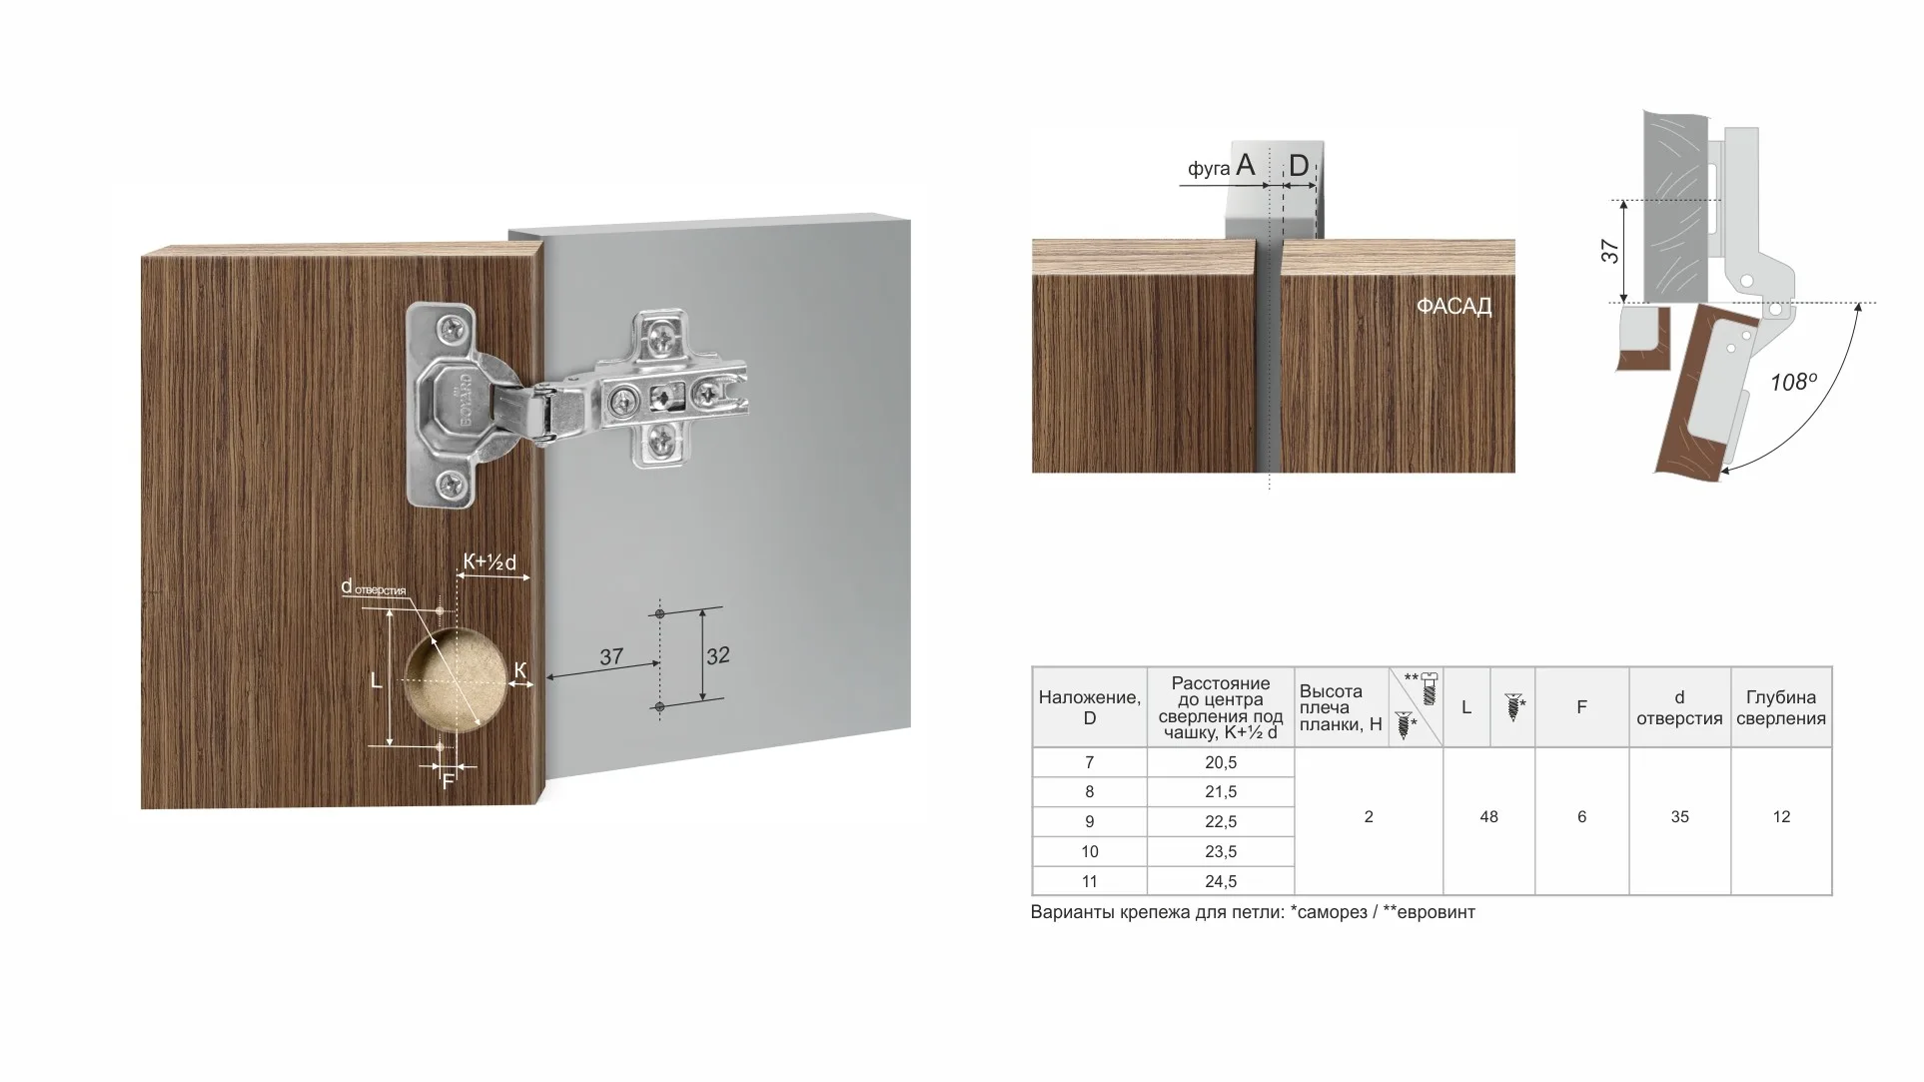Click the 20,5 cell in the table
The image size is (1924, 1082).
click(1220, 762)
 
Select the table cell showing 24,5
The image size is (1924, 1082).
click(1220, 881)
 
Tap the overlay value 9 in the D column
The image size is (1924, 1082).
click(1089, 822)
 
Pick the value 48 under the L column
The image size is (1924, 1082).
click(1488, 817)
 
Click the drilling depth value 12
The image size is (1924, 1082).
click(1781, 817)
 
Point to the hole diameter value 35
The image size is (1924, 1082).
click(1679, 817)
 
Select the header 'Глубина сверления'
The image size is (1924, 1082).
click(1781, 707)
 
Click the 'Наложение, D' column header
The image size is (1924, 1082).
click(1089, 707)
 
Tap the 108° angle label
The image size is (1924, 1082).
click(1793, 382)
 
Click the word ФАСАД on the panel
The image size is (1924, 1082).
click(1453, 307)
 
